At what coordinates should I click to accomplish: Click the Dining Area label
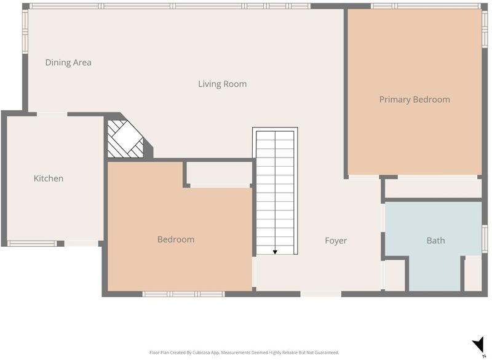(x=68, y=62)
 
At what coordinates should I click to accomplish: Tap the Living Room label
(x=222, y=84)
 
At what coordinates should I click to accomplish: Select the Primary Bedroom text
(x=415, y=100)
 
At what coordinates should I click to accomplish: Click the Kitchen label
(x=49, y=178)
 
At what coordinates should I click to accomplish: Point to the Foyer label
(x=336, y=241)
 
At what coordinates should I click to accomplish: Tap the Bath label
(x=435, y=241)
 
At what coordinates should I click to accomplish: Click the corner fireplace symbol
(x=125, y=139)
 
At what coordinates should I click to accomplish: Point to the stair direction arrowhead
(x=275, y=252)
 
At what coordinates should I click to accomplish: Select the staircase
(x=275, y=191)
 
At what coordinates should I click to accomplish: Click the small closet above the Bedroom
(x=220, y=175)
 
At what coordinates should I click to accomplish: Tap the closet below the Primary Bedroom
(x=433, y=188)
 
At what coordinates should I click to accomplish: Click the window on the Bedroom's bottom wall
(x=183, y=294)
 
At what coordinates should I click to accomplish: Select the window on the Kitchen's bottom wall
(x=32, y=244)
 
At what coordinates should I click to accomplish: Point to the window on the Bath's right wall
(x=485, y=239)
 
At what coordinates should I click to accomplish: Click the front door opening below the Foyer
(x=320, y=294)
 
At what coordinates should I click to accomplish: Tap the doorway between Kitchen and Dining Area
(x=52, y=114)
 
